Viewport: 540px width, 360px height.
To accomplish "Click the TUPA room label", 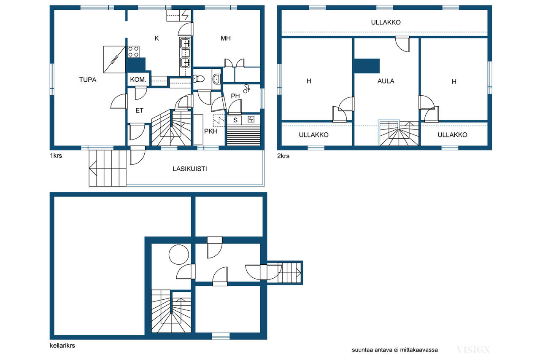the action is click(88, 80).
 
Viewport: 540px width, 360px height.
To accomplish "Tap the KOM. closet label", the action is click(138, 80).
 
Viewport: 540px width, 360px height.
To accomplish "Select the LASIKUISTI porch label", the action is click(190, 169).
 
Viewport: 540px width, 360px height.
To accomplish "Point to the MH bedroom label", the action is click(226, 38).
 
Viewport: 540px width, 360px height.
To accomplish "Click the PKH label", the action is click(211, 132).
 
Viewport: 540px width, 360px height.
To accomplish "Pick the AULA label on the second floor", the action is click(386, 81).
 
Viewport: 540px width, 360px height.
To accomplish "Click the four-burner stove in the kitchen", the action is click(133, 51).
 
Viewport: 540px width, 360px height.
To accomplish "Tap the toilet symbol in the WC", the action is click(199, 78).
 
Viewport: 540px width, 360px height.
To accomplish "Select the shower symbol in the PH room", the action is click(246, 89).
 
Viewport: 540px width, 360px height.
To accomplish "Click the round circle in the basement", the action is click(178, 255).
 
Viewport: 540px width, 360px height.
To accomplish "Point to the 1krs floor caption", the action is click(56, 156).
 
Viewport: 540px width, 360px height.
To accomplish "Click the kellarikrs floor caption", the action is click(62, 346).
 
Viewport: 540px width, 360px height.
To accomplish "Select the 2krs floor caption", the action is click(283, 156).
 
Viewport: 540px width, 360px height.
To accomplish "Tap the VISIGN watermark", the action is click(473, 350).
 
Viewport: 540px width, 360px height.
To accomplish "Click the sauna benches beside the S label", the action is click(243, 135).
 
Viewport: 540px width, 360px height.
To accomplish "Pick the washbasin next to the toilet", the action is click(216, 79).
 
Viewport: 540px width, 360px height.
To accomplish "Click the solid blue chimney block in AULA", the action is click(367, 66).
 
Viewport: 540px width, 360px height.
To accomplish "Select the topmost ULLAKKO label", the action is click(386, 22).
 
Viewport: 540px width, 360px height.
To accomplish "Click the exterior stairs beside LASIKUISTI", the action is click(108, 168).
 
